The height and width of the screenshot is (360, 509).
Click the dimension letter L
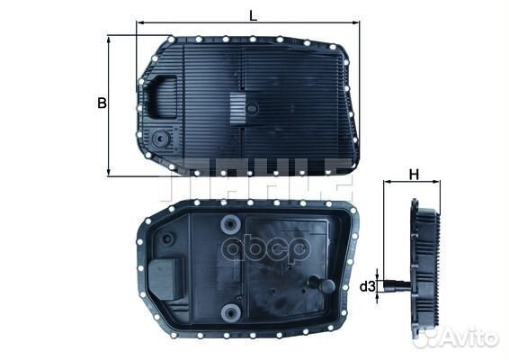click(253, 13)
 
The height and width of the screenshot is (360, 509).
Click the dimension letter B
click(102, 103)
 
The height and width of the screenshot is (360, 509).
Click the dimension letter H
click(413, 173)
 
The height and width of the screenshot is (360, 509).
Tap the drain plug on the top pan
click(161, 139)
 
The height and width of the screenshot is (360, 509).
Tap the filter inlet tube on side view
click(389, 287)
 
